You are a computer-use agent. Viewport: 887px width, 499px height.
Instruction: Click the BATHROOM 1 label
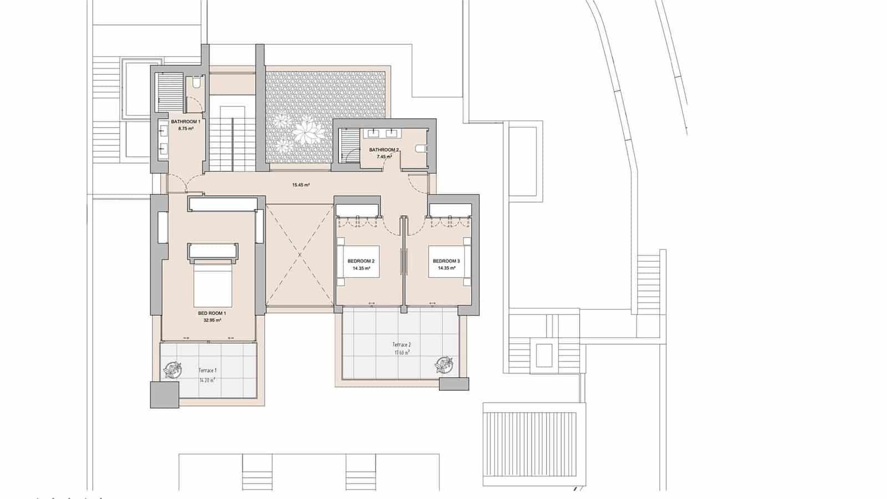point(185,121)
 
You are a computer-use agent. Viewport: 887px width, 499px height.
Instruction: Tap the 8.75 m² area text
point(185,128)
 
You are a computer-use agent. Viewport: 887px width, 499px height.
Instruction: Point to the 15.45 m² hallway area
point(300,185)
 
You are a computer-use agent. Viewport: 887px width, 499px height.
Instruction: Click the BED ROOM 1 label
point(212,313)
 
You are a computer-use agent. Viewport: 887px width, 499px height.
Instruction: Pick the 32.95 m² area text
point(212,320)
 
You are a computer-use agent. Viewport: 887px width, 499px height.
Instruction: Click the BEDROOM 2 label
point(361,261)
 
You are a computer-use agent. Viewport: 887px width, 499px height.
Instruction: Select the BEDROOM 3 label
point(446,261)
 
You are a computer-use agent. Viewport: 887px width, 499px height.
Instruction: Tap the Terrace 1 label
point(207,370)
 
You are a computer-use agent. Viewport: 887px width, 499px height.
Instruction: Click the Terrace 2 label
point(402,345)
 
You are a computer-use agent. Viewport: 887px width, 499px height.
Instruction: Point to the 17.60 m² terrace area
point(402,352)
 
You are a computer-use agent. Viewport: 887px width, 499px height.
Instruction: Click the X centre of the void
point(300,255)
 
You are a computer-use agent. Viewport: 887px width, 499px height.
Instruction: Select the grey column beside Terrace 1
point(165,395)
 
